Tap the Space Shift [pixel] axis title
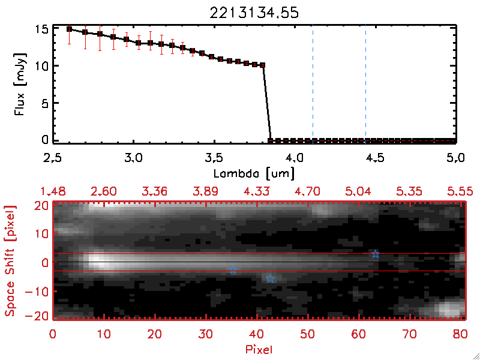(10, 261)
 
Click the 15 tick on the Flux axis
(41, 29)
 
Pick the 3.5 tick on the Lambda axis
(214, 158)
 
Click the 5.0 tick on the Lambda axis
(456, 158)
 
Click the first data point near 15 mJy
(70, 29)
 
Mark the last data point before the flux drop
(262, 65)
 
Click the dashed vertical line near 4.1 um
(313, 84)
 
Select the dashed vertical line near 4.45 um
(365, 84)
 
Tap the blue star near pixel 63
(375, 254)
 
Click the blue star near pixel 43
(270, 278)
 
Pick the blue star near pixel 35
(233, 270)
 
